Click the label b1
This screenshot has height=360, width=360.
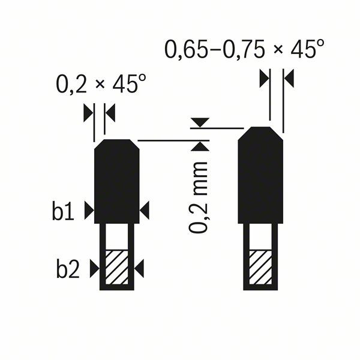63,211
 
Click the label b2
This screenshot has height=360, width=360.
68,269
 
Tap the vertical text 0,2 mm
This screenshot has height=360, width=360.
199,196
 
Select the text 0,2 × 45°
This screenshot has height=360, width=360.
100,85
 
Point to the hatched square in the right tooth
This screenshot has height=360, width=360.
260,268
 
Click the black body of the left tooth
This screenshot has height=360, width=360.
117,180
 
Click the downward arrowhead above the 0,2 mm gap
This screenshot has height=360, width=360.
199,122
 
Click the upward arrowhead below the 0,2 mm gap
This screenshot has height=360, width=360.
199,146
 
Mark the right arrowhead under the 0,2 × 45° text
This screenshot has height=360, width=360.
110,112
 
